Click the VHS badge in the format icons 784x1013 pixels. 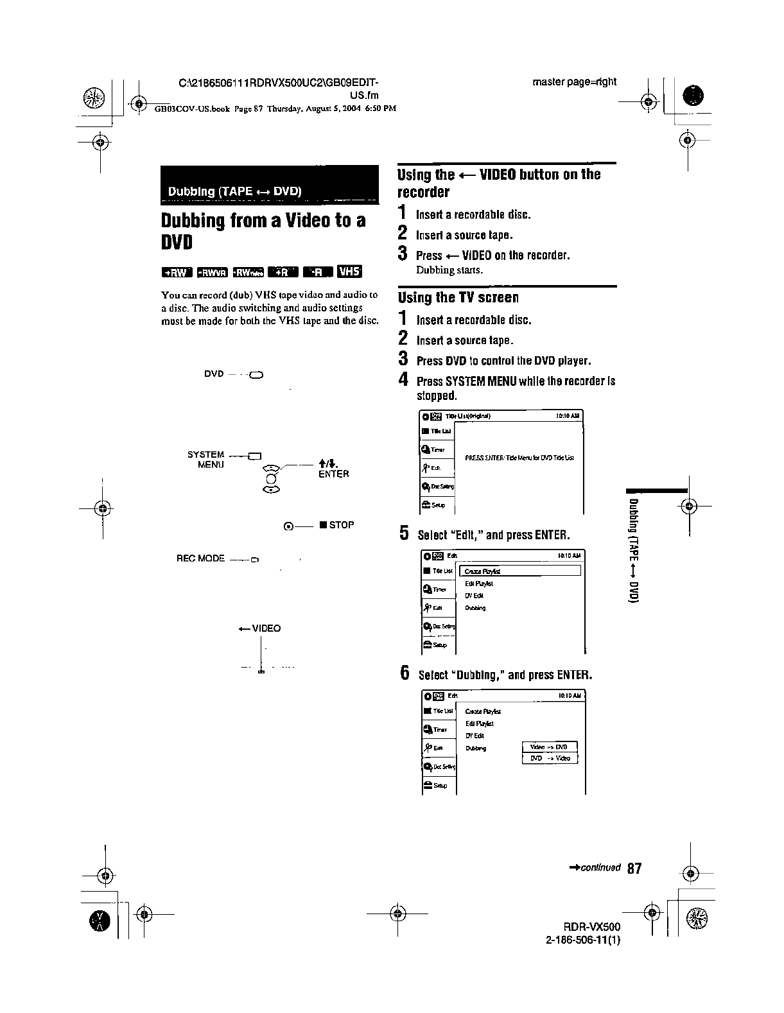point(350,272)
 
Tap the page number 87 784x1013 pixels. point(634,869)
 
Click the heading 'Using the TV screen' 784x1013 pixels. point(458,297)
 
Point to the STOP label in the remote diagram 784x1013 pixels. point(341,525)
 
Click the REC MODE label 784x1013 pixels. point(200,558)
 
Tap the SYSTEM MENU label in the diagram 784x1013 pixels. point(206,459)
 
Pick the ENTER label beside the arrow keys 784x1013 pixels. point(333,474)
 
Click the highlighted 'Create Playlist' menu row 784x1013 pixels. point(521,571)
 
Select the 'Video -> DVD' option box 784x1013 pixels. point(550,747)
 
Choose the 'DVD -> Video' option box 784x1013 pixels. point(550,758)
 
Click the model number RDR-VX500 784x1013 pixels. point(592,927)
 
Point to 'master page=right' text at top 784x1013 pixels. point(574,82)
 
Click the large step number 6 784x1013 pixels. point(405,673)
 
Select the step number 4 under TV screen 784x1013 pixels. point(404,379)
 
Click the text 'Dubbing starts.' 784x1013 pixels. point(449,270)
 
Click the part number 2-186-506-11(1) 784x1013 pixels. point(583,940)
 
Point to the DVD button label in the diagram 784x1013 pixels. point(214,374)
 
